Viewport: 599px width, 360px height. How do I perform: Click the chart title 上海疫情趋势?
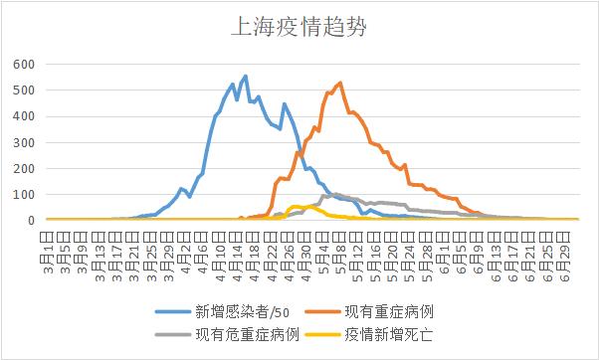[299, 26]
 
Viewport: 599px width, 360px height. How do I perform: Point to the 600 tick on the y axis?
[25, 65]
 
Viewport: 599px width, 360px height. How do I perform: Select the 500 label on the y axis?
[25, 90]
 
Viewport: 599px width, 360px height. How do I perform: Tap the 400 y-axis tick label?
[25, 116]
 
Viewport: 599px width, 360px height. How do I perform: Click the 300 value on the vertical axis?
[25, 142]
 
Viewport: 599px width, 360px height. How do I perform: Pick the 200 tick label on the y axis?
[25, 168]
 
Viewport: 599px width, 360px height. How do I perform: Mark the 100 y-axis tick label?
[25, 194]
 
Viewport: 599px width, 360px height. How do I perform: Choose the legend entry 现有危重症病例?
[247, 335]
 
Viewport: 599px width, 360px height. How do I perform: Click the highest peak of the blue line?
[245, 76]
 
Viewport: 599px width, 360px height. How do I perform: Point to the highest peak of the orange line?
[340, 83]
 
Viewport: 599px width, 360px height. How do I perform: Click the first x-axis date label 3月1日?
[47, 244]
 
